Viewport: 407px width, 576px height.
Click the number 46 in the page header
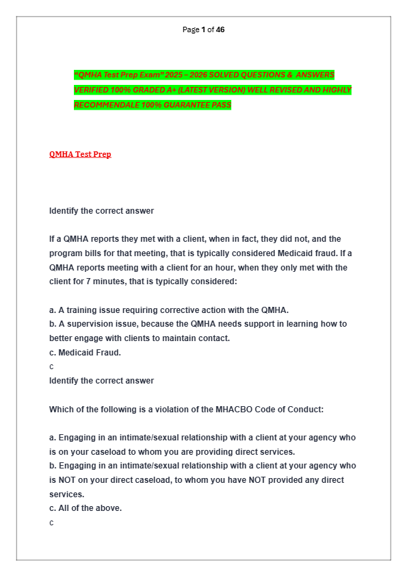(x=220, y=29)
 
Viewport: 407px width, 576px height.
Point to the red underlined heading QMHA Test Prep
(x=80, y=154)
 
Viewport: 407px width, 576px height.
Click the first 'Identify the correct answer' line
(x=101, y=211)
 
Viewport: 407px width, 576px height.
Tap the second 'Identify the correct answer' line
(x=101, y=381)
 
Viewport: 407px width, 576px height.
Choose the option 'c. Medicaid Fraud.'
(x=85, y=353)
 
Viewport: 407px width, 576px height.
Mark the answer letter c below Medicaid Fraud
(x=51, y=367)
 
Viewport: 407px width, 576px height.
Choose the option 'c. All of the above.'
(x=86, y=508)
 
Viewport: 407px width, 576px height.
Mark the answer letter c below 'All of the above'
(x=51, y=523)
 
